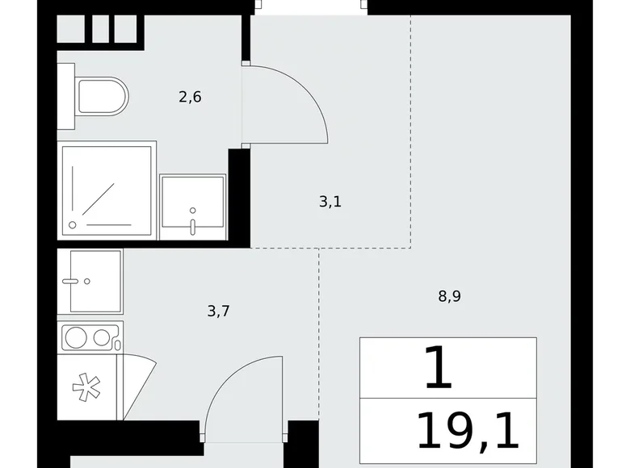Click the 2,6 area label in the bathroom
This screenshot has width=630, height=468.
(190, 97)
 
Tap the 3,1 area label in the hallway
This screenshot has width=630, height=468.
(330, 202)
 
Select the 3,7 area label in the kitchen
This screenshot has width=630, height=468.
(219, 311)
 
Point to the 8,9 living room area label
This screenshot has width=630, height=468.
(450, 296)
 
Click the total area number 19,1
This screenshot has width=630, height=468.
(468, 432)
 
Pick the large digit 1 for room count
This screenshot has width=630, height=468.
(439, 368)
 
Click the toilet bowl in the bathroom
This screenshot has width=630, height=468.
(103, 96)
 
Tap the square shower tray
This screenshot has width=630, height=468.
(107, 190)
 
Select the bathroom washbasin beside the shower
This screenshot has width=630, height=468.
(192, 207)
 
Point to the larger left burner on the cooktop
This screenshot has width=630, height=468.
(76, 337)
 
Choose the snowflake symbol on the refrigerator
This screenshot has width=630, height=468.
(86, 387)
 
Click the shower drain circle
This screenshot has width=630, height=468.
(73, 225)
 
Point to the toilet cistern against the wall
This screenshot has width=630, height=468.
(66, 96)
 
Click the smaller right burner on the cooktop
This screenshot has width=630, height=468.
(101, 337)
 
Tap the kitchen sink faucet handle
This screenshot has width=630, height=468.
(70, 282)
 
